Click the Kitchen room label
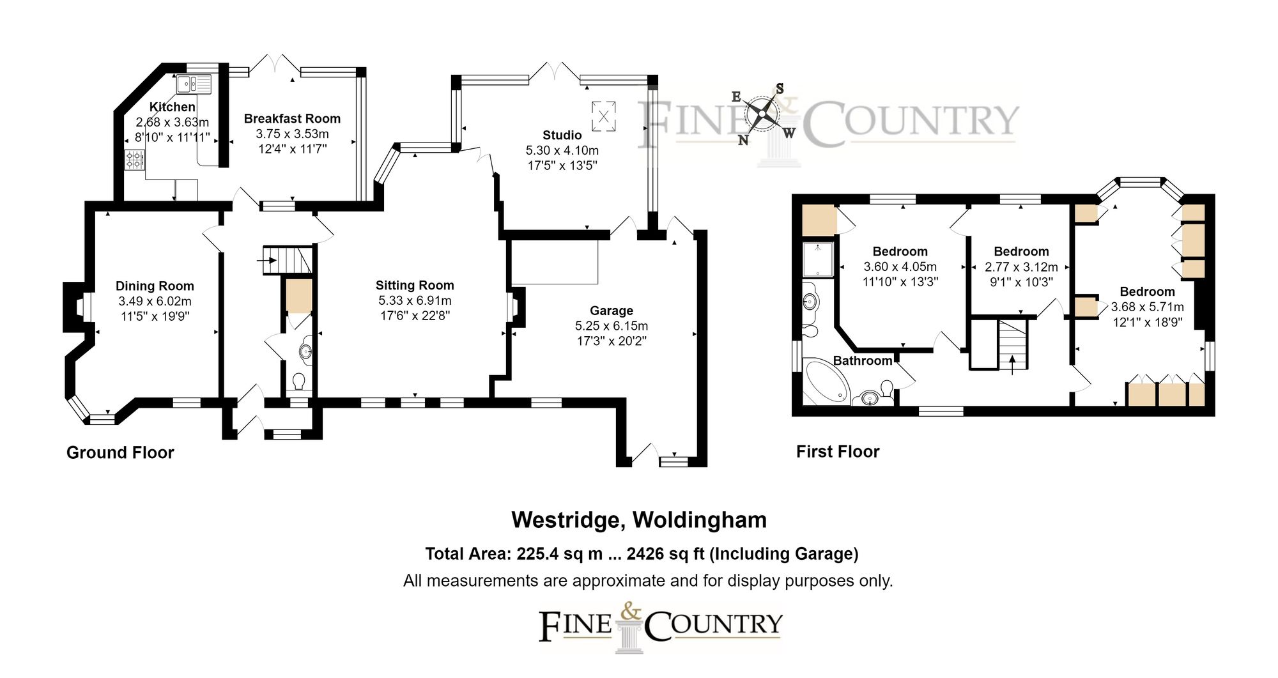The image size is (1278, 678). pos(172,107)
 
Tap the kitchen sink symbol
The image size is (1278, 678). pos(194,82)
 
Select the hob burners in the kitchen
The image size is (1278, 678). pos(135,159)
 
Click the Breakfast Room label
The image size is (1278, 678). pos(292,119)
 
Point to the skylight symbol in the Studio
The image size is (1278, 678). pos(603,115)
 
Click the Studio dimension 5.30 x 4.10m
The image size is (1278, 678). pos(562,151)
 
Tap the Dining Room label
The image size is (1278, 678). pos(155,286)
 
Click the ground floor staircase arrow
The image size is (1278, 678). pos(267,260)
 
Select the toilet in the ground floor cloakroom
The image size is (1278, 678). pos(298,381)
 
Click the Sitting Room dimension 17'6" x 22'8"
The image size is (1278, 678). pos(415,316)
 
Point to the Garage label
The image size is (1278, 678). pos(612,311)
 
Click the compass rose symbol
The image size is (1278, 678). pos(763,115)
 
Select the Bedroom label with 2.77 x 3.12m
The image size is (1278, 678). pos(1021,252)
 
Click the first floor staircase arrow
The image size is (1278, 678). pos(1012,365)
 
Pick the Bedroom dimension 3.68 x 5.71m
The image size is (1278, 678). pos(1147,307)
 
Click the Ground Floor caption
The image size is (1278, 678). pos(120,452)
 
